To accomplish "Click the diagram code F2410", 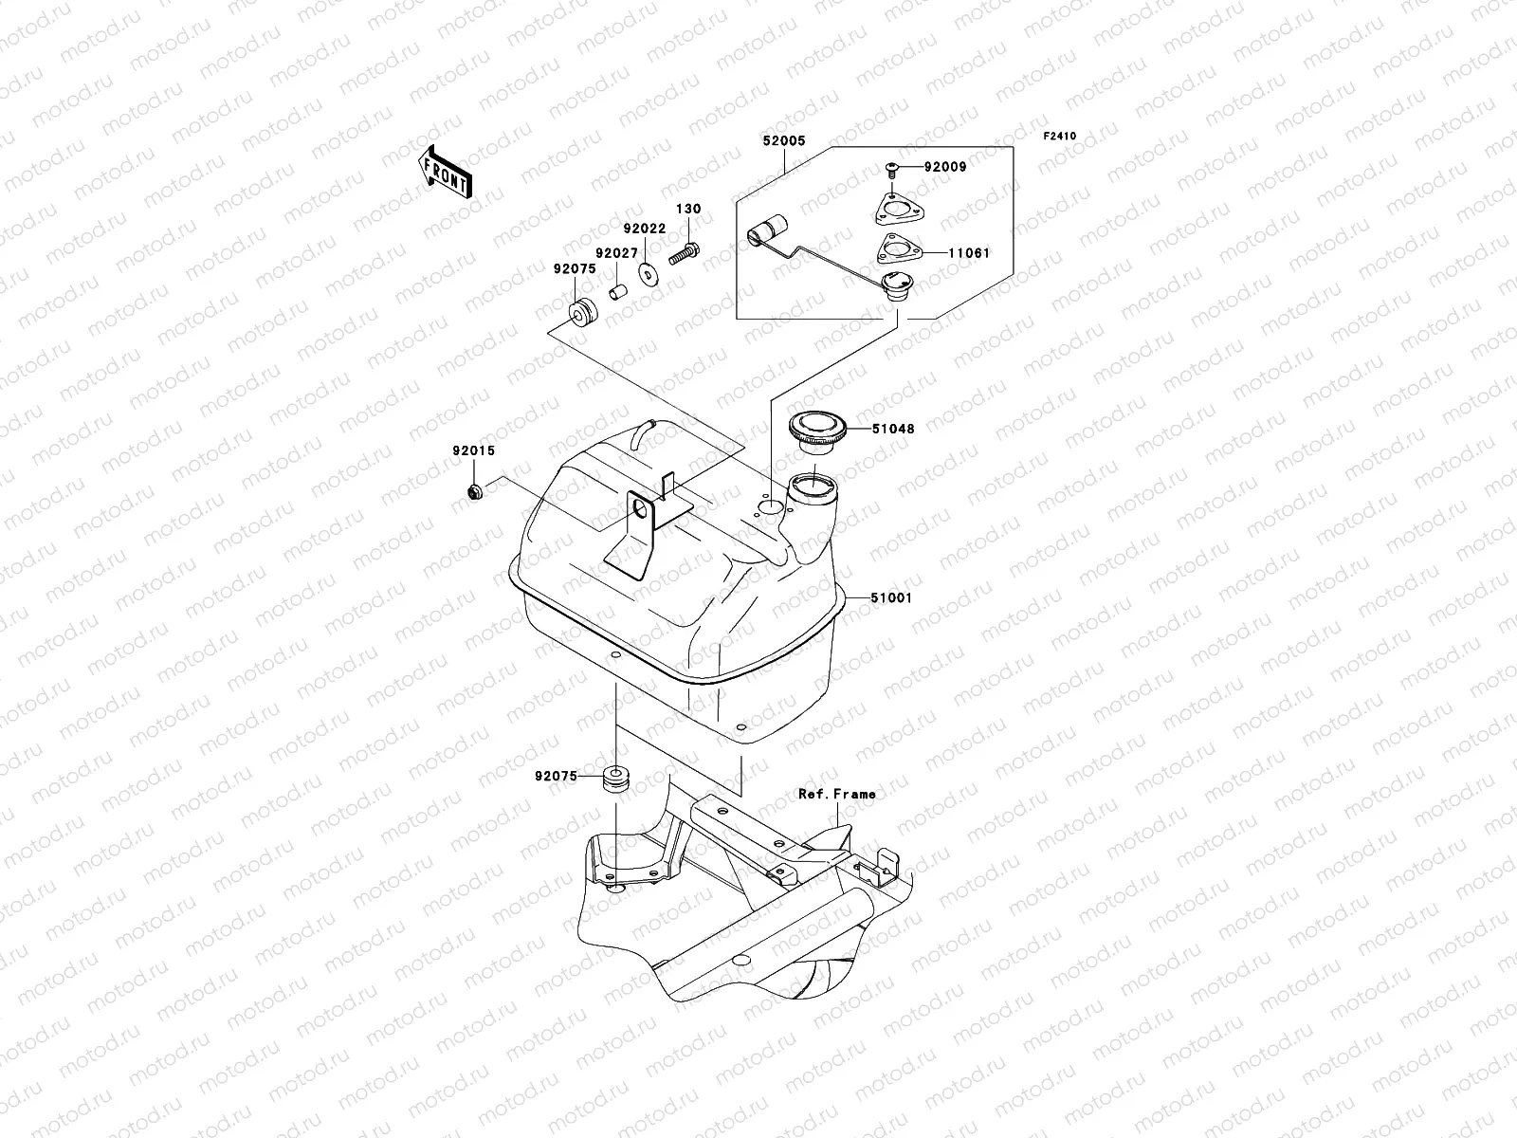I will point(1060,137).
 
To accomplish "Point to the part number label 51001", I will point(892,598).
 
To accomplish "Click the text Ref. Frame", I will point(836,794).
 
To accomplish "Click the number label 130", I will point(687,209).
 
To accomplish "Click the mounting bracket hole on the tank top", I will point(646,512).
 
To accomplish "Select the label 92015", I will point(473,451).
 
